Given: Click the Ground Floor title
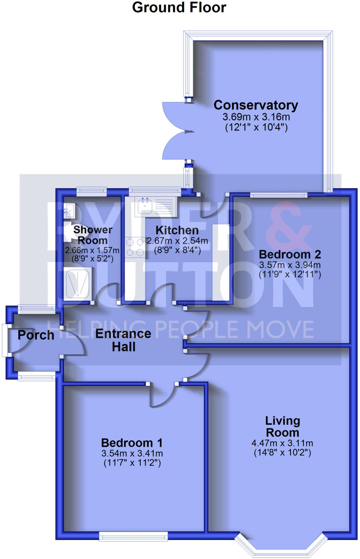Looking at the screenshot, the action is coord(179,7).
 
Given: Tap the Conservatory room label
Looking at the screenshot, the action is coord(256,105).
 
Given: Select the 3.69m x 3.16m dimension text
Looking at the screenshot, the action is coord(256,117).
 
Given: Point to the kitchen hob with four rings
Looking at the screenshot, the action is coord(135,247).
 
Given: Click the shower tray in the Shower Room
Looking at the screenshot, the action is coord(78,283).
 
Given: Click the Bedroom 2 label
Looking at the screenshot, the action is coord(290,254).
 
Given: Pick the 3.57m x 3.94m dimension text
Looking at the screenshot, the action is coord(290,265).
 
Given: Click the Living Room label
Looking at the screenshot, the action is coord(282,427).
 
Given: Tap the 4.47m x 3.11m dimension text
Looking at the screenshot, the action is coord(282,443).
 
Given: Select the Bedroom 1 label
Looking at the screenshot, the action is coord(132,442).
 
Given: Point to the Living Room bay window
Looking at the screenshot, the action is coord(281,545).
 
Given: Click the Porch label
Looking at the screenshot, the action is coord(36,335).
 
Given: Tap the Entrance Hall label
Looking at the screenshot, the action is coord(123,340).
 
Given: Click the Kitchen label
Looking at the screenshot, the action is coord(177,230).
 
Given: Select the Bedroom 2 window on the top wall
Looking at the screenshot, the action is coord(279,195).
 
